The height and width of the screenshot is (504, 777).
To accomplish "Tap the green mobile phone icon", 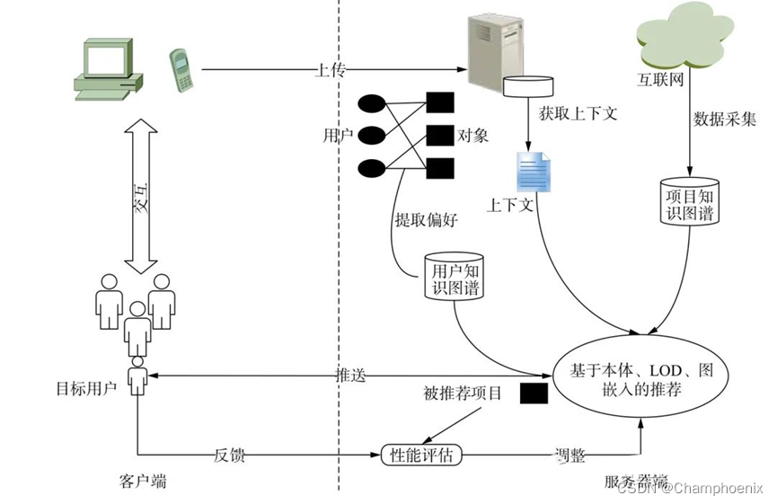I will (x=182, y=69).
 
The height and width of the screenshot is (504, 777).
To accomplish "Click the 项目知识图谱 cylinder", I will (x=690, y=199).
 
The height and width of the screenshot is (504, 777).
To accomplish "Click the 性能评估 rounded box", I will (x=422, y=455).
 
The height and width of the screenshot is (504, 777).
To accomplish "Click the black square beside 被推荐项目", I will (x=534, y=393).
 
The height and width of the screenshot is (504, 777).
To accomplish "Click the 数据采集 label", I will (x=725, y=119).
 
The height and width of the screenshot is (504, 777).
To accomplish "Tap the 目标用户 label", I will (x=86, y=389).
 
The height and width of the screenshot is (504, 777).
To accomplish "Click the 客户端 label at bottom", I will (x=142, y=482).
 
